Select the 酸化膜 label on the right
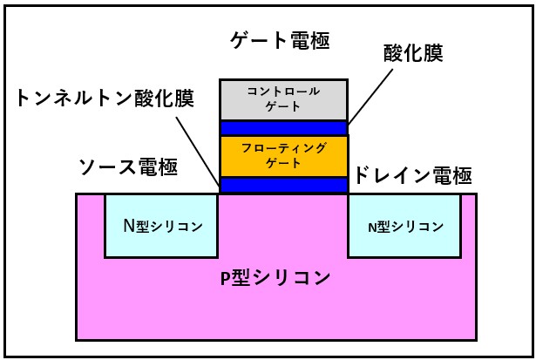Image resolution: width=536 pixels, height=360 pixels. pos(413,53)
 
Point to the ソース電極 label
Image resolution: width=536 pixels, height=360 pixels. pos(128,168)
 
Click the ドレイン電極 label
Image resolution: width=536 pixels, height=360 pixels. pos(412,177)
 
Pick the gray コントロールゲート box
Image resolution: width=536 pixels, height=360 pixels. pos(283,99)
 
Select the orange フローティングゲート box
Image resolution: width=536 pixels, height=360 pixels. pos(283,156)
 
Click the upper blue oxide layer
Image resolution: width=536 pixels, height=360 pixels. pos(283,128)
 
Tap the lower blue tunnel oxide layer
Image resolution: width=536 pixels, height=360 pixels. pos(283,185)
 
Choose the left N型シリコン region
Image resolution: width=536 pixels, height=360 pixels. pos(161,226)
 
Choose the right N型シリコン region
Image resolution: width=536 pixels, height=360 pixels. pos(404,226)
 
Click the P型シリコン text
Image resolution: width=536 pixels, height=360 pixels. pos(275,278)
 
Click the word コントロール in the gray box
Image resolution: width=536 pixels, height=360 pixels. pos(283,91)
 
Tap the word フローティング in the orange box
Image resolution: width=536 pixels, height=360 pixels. pos(283,148)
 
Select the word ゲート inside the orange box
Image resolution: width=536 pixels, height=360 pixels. pos(283,164)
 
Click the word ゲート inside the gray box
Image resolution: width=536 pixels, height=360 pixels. pos(283,106)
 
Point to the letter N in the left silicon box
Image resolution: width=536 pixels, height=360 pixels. pos(126,226)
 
